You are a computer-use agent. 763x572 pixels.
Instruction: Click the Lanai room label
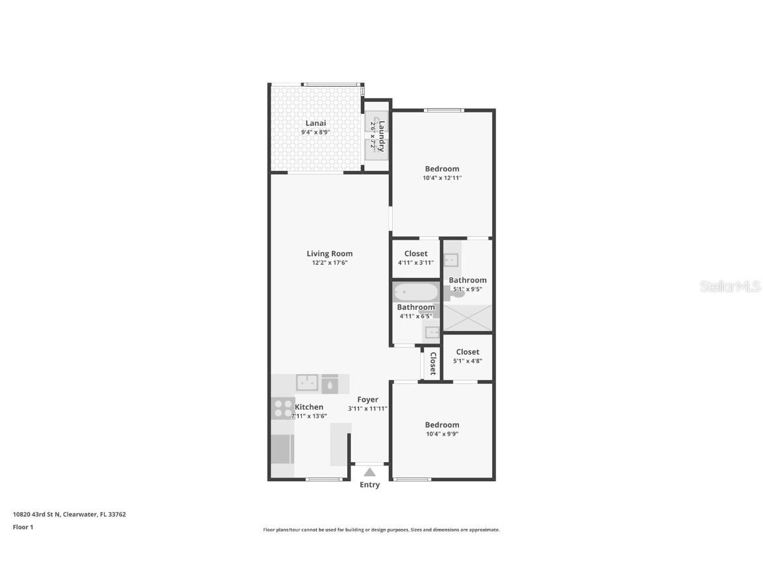click(315, 123)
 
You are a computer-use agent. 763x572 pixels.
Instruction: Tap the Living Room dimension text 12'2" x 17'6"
click(329, 263)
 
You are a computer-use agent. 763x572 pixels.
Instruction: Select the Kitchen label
click(309, 407)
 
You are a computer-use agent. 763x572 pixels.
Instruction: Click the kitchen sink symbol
click(307, 383)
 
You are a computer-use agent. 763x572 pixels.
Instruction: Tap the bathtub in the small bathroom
click(415, 292)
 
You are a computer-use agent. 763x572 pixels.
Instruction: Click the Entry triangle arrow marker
click(370, 472)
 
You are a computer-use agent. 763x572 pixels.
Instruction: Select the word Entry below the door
click(370, 485)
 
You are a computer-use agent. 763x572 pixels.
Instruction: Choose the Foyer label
click(368, 399)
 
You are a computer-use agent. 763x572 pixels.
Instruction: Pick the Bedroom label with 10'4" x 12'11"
click(442, 169)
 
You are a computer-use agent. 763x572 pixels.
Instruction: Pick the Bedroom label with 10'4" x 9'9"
click(442, 425)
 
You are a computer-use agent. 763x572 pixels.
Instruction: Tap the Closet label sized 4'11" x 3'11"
click(416, 254)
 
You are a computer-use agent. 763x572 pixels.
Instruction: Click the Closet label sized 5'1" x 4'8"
click(468, 352)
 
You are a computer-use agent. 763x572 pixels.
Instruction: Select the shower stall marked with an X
click(468, 318)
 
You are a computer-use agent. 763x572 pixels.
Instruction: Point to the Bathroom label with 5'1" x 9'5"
click(468, 280)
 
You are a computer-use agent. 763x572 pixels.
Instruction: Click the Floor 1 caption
click(23, 528)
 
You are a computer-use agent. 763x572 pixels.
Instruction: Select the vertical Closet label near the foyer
click(432, 363)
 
